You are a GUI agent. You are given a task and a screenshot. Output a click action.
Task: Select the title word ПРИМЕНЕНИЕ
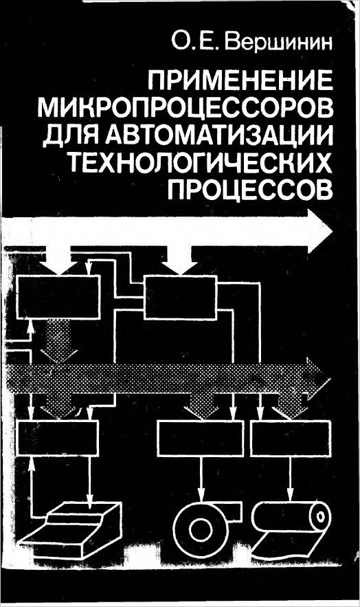tap(240, 82)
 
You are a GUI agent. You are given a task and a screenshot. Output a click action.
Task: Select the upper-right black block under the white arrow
tap(180, 297)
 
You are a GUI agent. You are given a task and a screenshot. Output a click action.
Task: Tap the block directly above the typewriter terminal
tap(58, 438)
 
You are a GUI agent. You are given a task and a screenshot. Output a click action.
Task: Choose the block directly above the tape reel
tap(201, 439)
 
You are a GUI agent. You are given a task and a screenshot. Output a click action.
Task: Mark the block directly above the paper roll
tap(291, 439)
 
